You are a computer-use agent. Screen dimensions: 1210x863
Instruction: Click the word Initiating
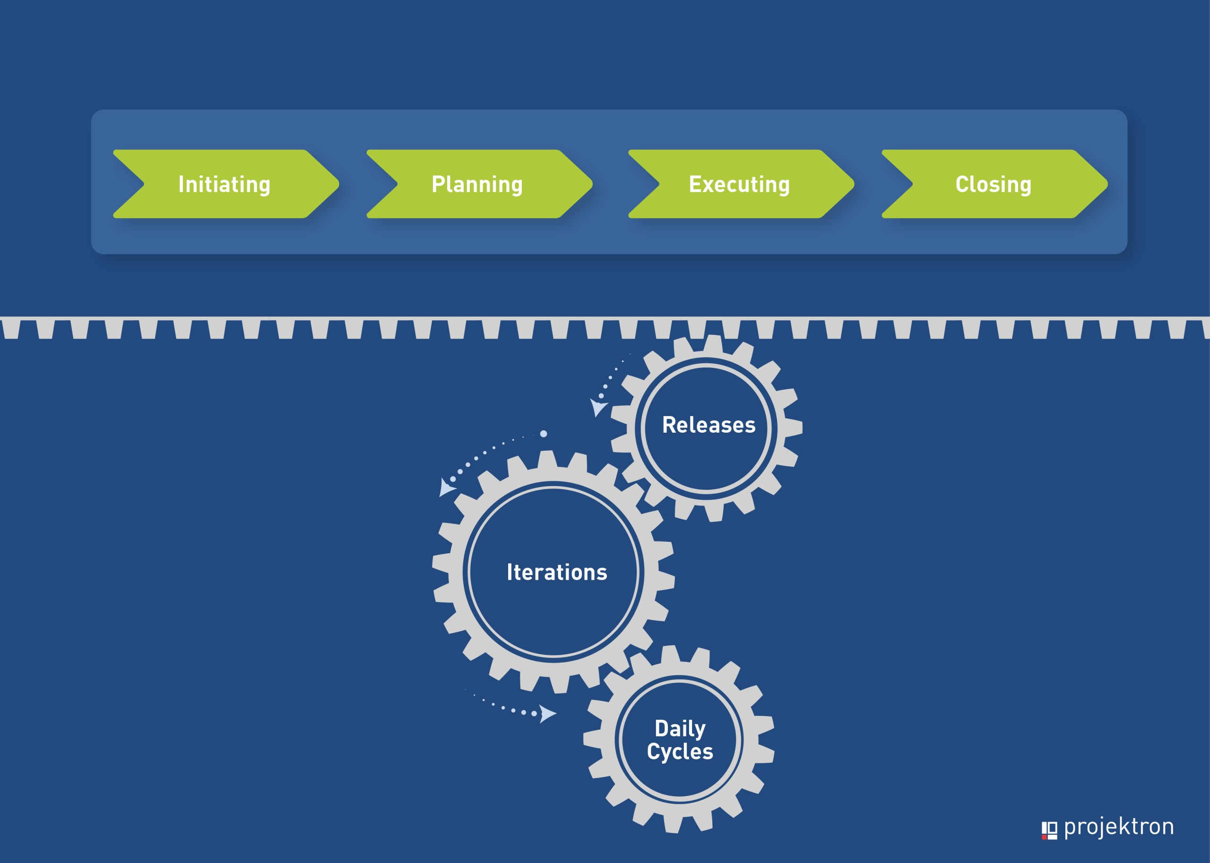224,185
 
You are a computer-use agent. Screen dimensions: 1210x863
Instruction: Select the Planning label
477,185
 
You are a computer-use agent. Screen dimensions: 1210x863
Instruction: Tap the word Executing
739,185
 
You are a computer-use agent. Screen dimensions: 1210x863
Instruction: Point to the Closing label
993,185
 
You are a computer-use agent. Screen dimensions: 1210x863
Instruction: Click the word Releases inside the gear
709,425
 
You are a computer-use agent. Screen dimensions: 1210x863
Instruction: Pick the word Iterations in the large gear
557,572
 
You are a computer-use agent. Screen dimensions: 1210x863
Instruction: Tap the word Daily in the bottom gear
680,729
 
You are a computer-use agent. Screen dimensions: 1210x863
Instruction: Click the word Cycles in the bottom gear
680,752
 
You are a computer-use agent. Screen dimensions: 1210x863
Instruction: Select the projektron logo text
1119,828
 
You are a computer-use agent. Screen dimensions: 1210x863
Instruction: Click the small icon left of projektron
1049,830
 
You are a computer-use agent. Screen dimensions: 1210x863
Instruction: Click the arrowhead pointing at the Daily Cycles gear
548,714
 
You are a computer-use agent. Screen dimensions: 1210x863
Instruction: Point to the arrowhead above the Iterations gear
446,487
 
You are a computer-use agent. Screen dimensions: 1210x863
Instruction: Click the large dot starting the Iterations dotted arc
544,434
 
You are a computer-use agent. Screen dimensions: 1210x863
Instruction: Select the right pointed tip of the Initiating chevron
339,184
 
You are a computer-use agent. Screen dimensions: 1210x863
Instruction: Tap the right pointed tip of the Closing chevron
1107,184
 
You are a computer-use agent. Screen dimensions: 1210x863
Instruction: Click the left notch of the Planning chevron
398,184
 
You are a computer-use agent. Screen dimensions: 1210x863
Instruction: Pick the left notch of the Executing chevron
659,184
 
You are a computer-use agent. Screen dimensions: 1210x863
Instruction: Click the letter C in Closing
962,184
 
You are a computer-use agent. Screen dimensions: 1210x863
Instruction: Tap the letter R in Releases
669,425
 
